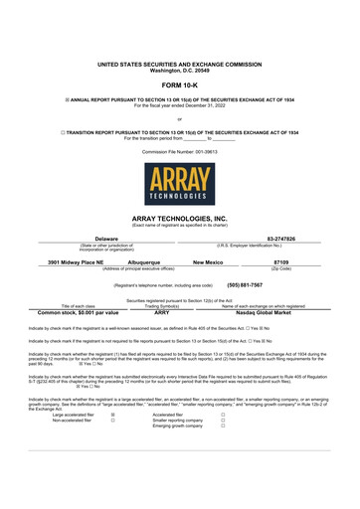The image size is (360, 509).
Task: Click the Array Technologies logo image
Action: point(180,185)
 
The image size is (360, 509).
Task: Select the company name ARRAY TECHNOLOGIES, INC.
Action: point(180,217)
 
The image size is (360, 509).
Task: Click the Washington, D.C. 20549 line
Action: point(180,70)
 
